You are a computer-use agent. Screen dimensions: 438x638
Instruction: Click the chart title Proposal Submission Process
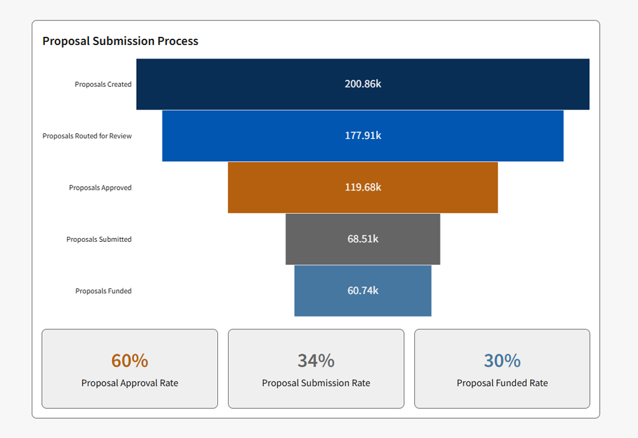pyautogui.click(x=120, y=41)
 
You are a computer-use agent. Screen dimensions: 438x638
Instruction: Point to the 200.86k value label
pyautogui.click(x=363, y=84)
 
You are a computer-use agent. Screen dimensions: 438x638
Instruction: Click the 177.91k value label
pyautogui.click(x=363, y=136)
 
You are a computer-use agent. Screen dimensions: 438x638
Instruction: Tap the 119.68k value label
pyautogui.click(x=363, y=187)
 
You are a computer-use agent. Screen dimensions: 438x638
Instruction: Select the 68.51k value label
pyautogui.click(x=363, y=239)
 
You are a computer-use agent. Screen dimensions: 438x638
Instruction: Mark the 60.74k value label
pyautogui.click(x=363, y=291)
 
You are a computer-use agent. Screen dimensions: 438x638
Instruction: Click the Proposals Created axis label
pyautogui.click(x=103, y=84)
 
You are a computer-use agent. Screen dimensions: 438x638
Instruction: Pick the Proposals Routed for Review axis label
pyautogui.click(x=87, y=136)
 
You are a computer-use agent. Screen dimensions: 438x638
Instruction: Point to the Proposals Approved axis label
pyautogui.click(x=100, y=188)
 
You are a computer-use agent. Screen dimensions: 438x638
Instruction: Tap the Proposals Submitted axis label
pyautogui.click(x=99, y=239)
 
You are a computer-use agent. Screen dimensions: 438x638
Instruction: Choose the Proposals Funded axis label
pyautogui.click(x=104, y=291)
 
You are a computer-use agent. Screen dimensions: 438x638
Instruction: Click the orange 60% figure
pyautogui.click(x=130, y=361)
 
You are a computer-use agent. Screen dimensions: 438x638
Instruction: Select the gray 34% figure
pyautogui.click(x=316, y=361)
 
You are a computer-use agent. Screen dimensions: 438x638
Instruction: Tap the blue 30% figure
pyautogui.click(x=502, y=361)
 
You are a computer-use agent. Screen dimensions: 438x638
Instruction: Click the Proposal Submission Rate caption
pyautogui.click(x=316, y=383)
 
